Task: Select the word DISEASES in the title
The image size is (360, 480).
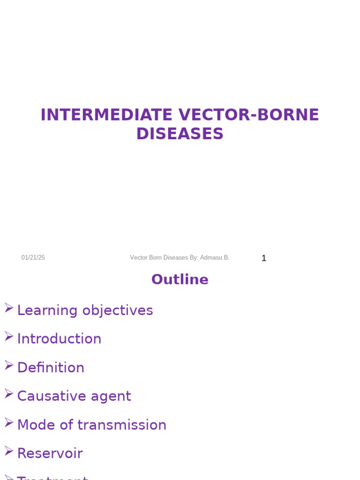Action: pos(180,134)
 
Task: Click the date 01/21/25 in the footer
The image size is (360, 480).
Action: pos(33,258)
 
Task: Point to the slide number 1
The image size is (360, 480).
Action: pos(264,258)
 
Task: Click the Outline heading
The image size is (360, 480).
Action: pos(180,279)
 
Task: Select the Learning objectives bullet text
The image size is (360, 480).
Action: pos(85,310)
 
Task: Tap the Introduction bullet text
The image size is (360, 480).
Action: pos(59,339)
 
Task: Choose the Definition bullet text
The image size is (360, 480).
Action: pos(51,367)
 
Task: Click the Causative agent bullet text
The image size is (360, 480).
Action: pos(74,396)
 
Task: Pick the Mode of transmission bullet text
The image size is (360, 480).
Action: pos(91,425)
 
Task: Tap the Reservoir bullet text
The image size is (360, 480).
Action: pos(50,453)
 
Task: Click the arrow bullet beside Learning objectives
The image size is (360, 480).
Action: pos(9,307)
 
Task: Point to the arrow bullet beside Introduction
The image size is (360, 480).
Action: pos(9,336)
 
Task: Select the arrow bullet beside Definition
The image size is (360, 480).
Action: pos(9,365)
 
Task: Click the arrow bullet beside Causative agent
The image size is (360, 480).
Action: pos(9,393)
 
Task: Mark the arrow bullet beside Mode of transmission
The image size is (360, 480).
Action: pos(9,422)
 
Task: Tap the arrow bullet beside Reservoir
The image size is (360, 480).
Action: pos(9,450)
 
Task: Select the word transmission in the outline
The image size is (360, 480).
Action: pos(122,425)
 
